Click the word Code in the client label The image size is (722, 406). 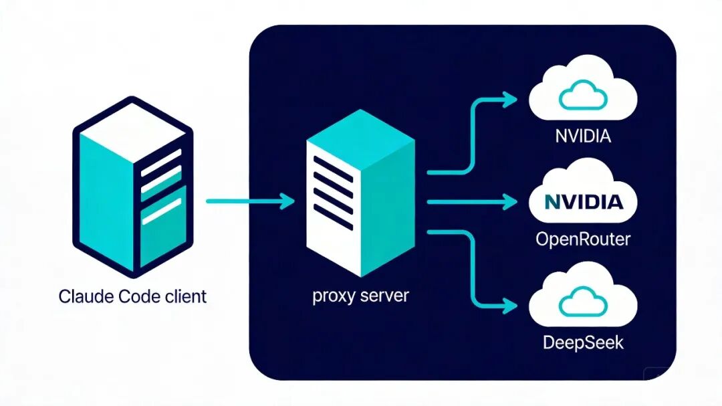pyautogui.click(x=136, y=296)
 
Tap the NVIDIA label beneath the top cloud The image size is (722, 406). pyautogui.click(x=583, y=137)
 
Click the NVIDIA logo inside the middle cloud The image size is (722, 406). pyautogui.click(x=583, y=201)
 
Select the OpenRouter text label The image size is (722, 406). pyautogui.click(x=583, y=239)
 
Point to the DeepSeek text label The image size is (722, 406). pyautogui.click(x=583, y=342)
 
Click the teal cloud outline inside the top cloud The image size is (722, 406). pyautogui.click(x=583, y=96)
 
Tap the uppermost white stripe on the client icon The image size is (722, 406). pyautogui.click(x=161, y=157)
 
